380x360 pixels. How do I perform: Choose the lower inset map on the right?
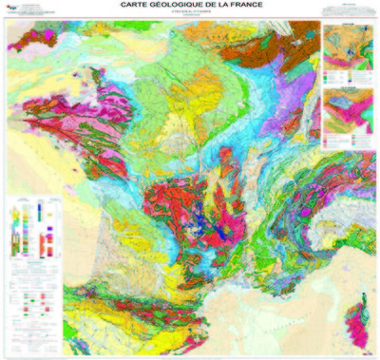[x=348, y=119]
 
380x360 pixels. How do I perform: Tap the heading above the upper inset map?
[x=348, y=26]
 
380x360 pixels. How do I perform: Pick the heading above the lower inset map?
[x=348, y=90]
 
